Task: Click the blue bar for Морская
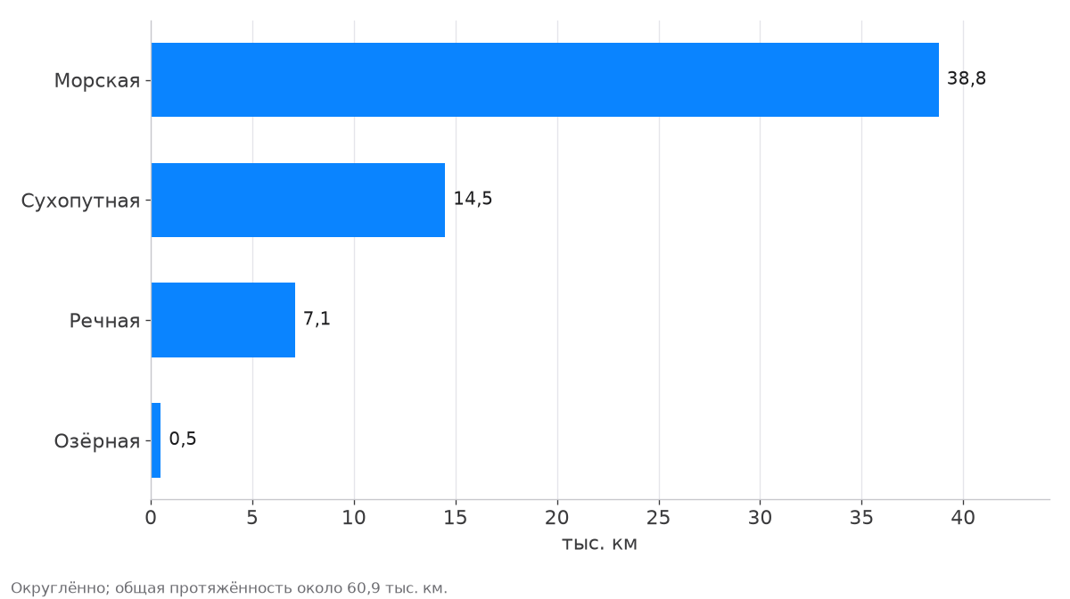pos(545,79)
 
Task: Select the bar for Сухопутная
pos(298,201)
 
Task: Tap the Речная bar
pos(223,320)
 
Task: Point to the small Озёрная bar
pos(156,440)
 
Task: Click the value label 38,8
pos(967,78)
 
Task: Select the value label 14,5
pos(473,199)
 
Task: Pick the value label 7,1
pos(317,318)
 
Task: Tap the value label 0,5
pos(183,439)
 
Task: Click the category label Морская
pos(97,81)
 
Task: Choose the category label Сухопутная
pos(80,201)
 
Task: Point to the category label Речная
pos(104,321)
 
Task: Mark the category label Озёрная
pos(97,441)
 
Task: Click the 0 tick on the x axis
pos(151,518)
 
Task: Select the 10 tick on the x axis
pos(354,518)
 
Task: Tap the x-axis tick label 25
pos(659,518)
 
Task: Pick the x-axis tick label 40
pos(963,518)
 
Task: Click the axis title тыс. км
pos(599,544)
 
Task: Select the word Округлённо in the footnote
pos(61,588)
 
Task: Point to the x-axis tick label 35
pos(861,518)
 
